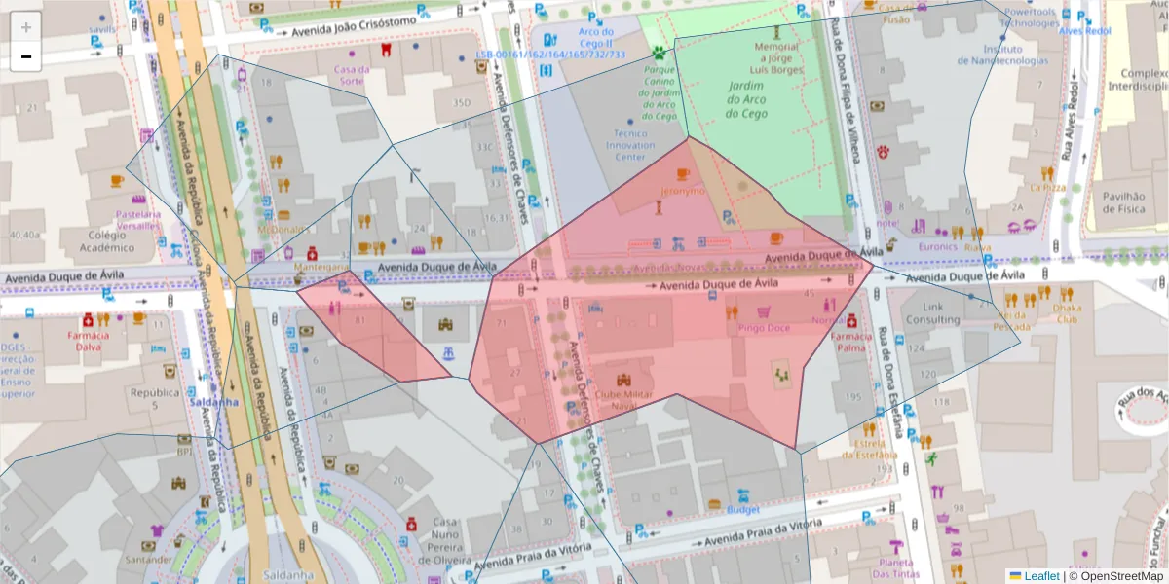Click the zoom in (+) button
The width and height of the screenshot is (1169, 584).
pos(26,27)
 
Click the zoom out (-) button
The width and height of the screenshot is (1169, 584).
pos(26,56)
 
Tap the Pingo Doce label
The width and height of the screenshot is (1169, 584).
pos(764,328)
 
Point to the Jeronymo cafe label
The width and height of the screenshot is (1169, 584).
pos(682,191)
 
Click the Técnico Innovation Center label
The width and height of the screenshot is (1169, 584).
pos(630,145)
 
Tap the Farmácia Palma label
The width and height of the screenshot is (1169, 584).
pos(850,341)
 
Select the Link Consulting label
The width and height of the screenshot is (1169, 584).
pos(932,313)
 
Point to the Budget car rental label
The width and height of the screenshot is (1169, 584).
pos(742,509)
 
